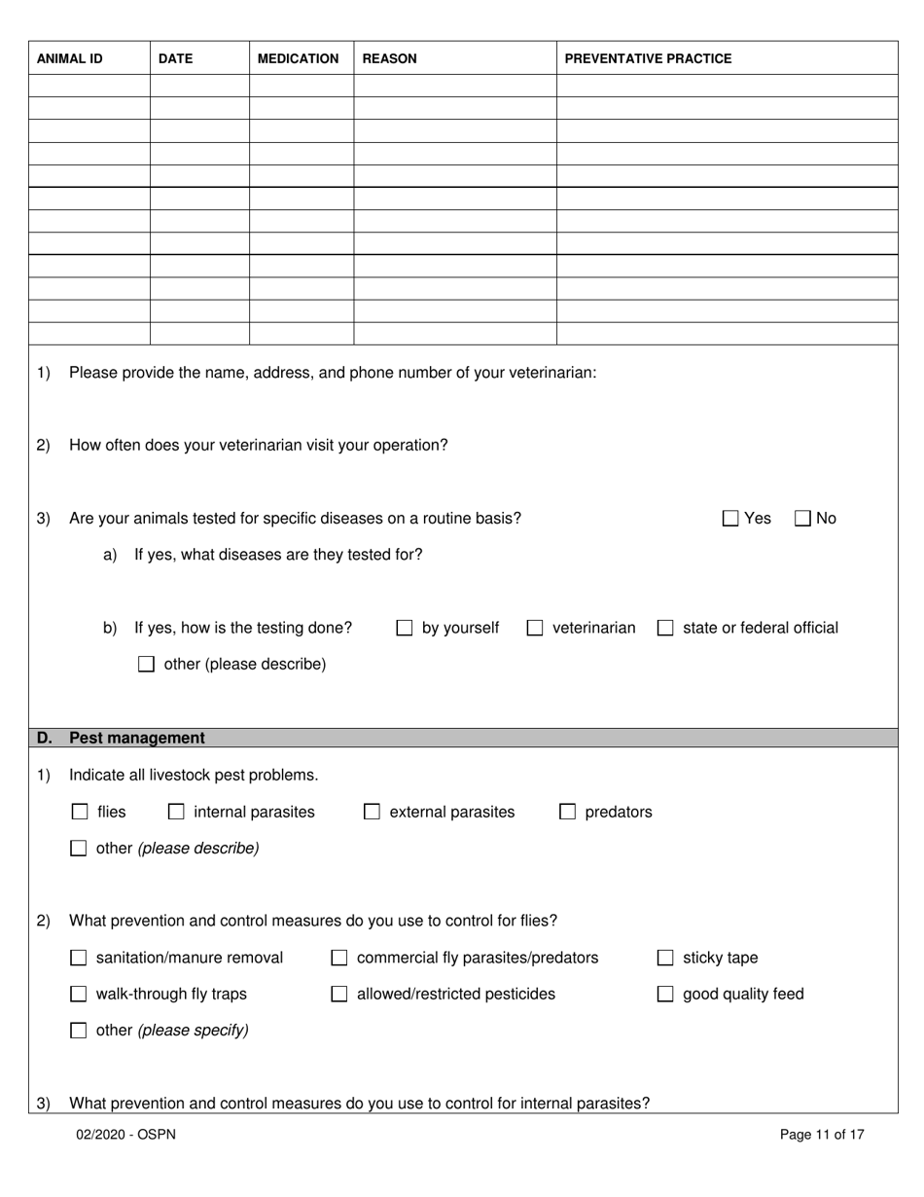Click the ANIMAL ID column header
tap(69, 58)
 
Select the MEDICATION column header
tap(298, 58)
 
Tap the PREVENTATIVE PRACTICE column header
tap(648, 58)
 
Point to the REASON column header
tap(389, 58)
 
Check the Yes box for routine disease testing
tap(730, 519)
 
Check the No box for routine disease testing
tap(802, 519)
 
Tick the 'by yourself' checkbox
tap(405, 629)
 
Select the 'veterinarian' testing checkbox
tap(535, 629)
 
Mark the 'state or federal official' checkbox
tap(665, 629)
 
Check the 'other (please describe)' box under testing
tap(146, 665)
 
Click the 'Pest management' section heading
tap(136, 738)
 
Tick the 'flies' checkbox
tap(80, 812)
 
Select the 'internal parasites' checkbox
tap(176, 812)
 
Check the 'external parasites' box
tap(372, 812)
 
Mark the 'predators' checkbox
tap(567, 812)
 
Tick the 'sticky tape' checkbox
tap(665, 959)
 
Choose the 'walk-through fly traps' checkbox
tap(79, 995)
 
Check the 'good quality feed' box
tap(665, 995)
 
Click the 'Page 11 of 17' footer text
tap(822, 1134)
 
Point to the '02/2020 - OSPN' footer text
tap(126, 1134)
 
